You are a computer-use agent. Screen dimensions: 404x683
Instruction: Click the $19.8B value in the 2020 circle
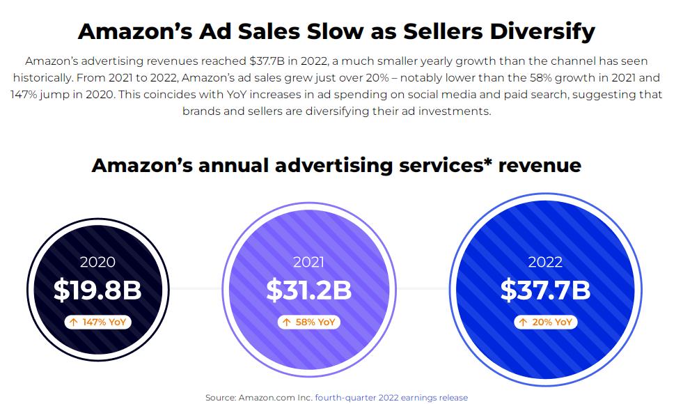pyautogui.click(x=97, y=290)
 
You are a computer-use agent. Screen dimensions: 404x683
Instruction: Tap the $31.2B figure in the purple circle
pyautogui.click(x=309, y=290)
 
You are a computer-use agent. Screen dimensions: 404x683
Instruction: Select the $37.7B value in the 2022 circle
pyautogui.click(x=545, y=290)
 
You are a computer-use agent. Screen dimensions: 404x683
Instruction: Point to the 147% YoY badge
pyautogui.click(x=97, y=322)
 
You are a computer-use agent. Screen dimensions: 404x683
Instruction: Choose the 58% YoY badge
pyautogui.click(x=309, y=322)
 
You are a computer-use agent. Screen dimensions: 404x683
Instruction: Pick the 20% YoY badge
pyautogui.click(x=545, y=322)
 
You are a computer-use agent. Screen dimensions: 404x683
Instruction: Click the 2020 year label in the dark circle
pyautogui.click(x=97, y=263)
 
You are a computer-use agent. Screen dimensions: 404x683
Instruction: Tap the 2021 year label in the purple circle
pyautogui.click(x=309, y=263)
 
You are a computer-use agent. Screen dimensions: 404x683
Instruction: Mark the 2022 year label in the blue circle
pyautogui.click(x=545, y=263)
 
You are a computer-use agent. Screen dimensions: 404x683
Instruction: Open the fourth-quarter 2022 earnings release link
pyautogui.click(x=391, y=398)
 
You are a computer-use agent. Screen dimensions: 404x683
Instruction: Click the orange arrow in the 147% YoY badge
pyautogui.click(x=73, y=322)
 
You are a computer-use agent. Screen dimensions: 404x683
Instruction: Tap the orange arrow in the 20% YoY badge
pyautogui.click(x=523, y=322)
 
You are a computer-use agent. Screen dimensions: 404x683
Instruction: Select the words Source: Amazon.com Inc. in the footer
pyautogui.click(x=258, y=398)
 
